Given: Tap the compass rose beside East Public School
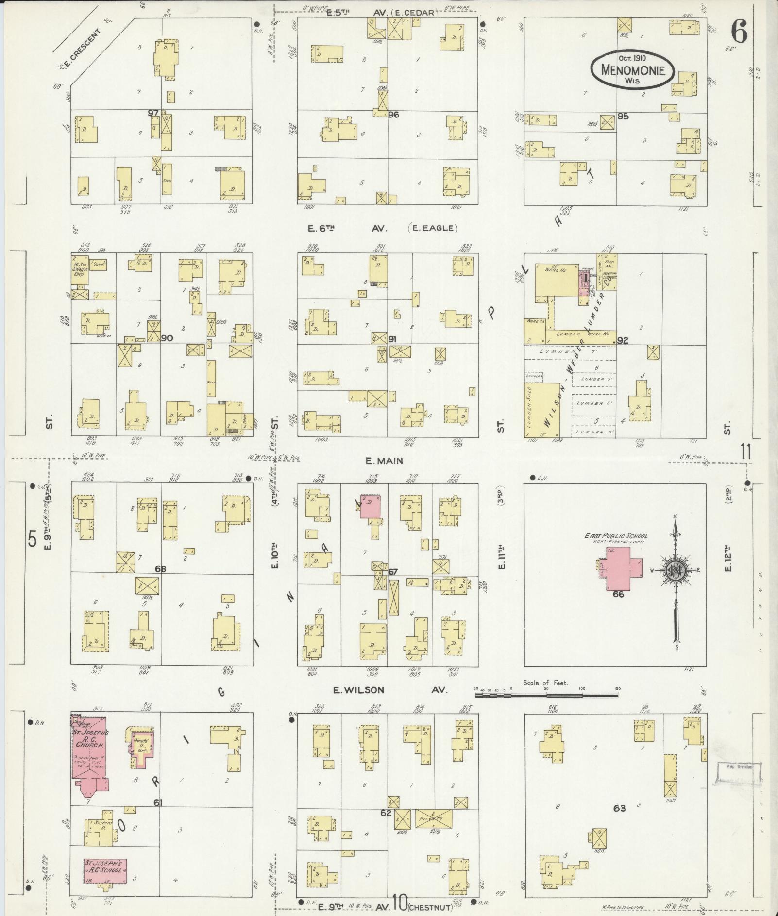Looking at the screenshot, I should (x=675, y=571).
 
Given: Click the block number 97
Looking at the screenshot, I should (x=153, y=113).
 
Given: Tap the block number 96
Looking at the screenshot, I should (x=393, y=115).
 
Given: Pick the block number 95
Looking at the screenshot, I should (x=623, y=116).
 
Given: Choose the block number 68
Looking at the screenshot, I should (x=160, y=568).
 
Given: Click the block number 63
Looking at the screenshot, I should (x=619, y=808).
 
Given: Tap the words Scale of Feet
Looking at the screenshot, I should (x=545, y=683).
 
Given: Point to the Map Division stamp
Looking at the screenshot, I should (x=739, y=767).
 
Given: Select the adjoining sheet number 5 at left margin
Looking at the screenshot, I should (x=33, y=539).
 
